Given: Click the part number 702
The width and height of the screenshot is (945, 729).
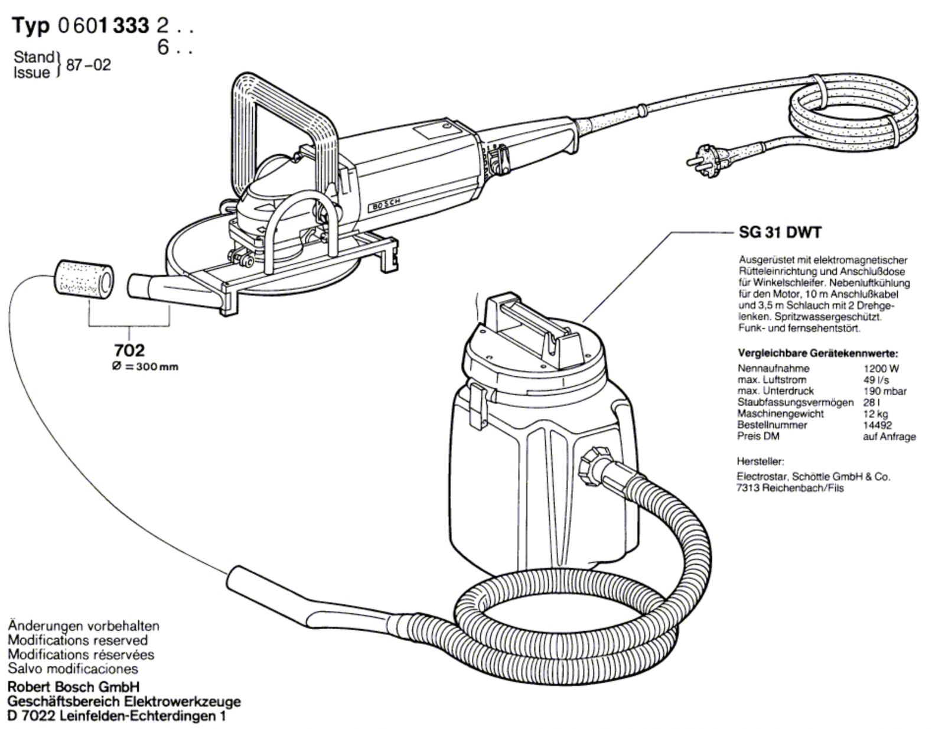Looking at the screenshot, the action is point(129,350).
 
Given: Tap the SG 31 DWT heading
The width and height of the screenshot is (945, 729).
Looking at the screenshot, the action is point(780,233).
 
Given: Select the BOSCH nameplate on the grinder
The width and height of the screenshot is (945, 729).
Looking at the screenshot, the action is point(386,204).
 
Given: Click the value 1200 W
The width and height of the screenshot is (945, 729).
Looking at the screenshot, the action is point(881,369).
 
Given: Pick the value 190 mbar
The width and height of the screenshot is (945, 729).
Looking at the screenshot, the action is point(885,391).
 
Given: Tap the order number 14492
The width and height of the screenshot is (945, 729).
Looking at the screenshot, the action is point(878,425).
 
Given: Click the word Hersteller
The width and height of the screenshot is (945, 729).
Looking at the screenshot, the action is point(760,461).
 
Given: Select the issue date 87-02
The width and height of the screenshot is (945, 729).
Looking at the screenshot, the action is point(88,65).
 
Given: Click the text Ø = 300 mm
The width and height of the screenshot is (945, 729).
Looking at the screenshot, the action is point(145,367).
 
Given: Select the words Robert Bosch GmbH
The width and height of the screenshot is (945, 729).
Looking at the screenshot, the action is point(73,687).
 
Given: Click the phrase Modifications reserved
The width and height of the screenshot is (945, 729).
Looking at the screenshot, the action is point(78,640).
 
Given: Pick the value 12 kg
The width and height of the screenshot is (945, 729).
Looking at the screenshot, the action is point(876,414).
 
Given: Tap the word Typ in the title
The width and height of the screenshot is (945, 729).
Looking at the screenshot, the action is point(31,25).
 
